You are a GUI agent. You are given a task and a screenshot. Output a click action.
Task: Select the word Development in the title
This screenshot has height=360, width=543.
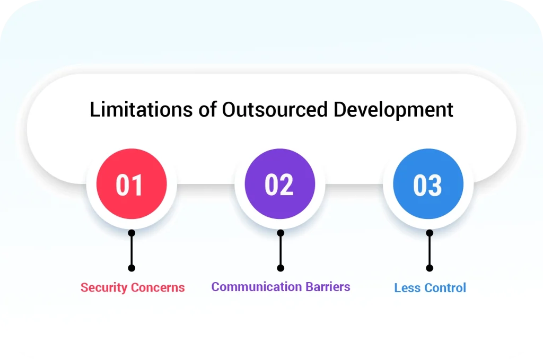tap(393, 109)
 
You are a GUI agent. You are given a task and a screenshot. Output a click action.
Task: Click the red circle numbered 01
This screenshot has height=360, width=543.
tap(132, 185)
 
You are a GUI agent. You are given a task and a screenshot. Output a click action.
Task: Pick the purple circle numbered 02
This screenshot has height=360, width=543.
tap(280, 185)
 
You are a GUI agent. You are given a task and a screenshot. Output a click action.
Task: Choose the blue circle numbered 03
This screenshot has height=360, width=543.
tap(428, 185)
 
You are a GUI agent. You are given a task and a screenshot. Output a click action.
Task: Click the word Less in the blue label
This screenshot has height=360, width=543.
tap(406, 288)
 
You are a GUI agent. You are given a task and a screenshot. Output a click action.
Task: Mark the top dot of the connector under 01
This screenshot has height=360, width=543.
tap(132, 233)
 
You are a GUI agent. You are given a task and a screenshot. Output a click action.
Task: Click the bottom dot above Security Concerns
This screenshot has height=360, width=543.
tap(132, 268)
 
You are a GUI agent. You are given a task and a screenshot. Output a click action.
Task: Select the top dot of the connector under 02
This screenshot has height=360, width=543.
tap(281, 233)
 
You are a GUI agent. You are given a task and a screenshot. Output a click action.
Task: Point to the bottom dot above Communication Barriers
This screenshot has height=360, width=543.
tap(281, 268)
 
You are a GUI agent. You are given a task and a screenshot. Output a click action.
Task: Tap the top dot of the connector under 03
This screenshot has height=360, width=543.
tap(430, 233)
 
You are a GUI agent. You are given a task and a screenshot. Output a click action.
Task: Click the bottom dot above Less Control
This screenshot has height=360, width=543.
tap(430, 268)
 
